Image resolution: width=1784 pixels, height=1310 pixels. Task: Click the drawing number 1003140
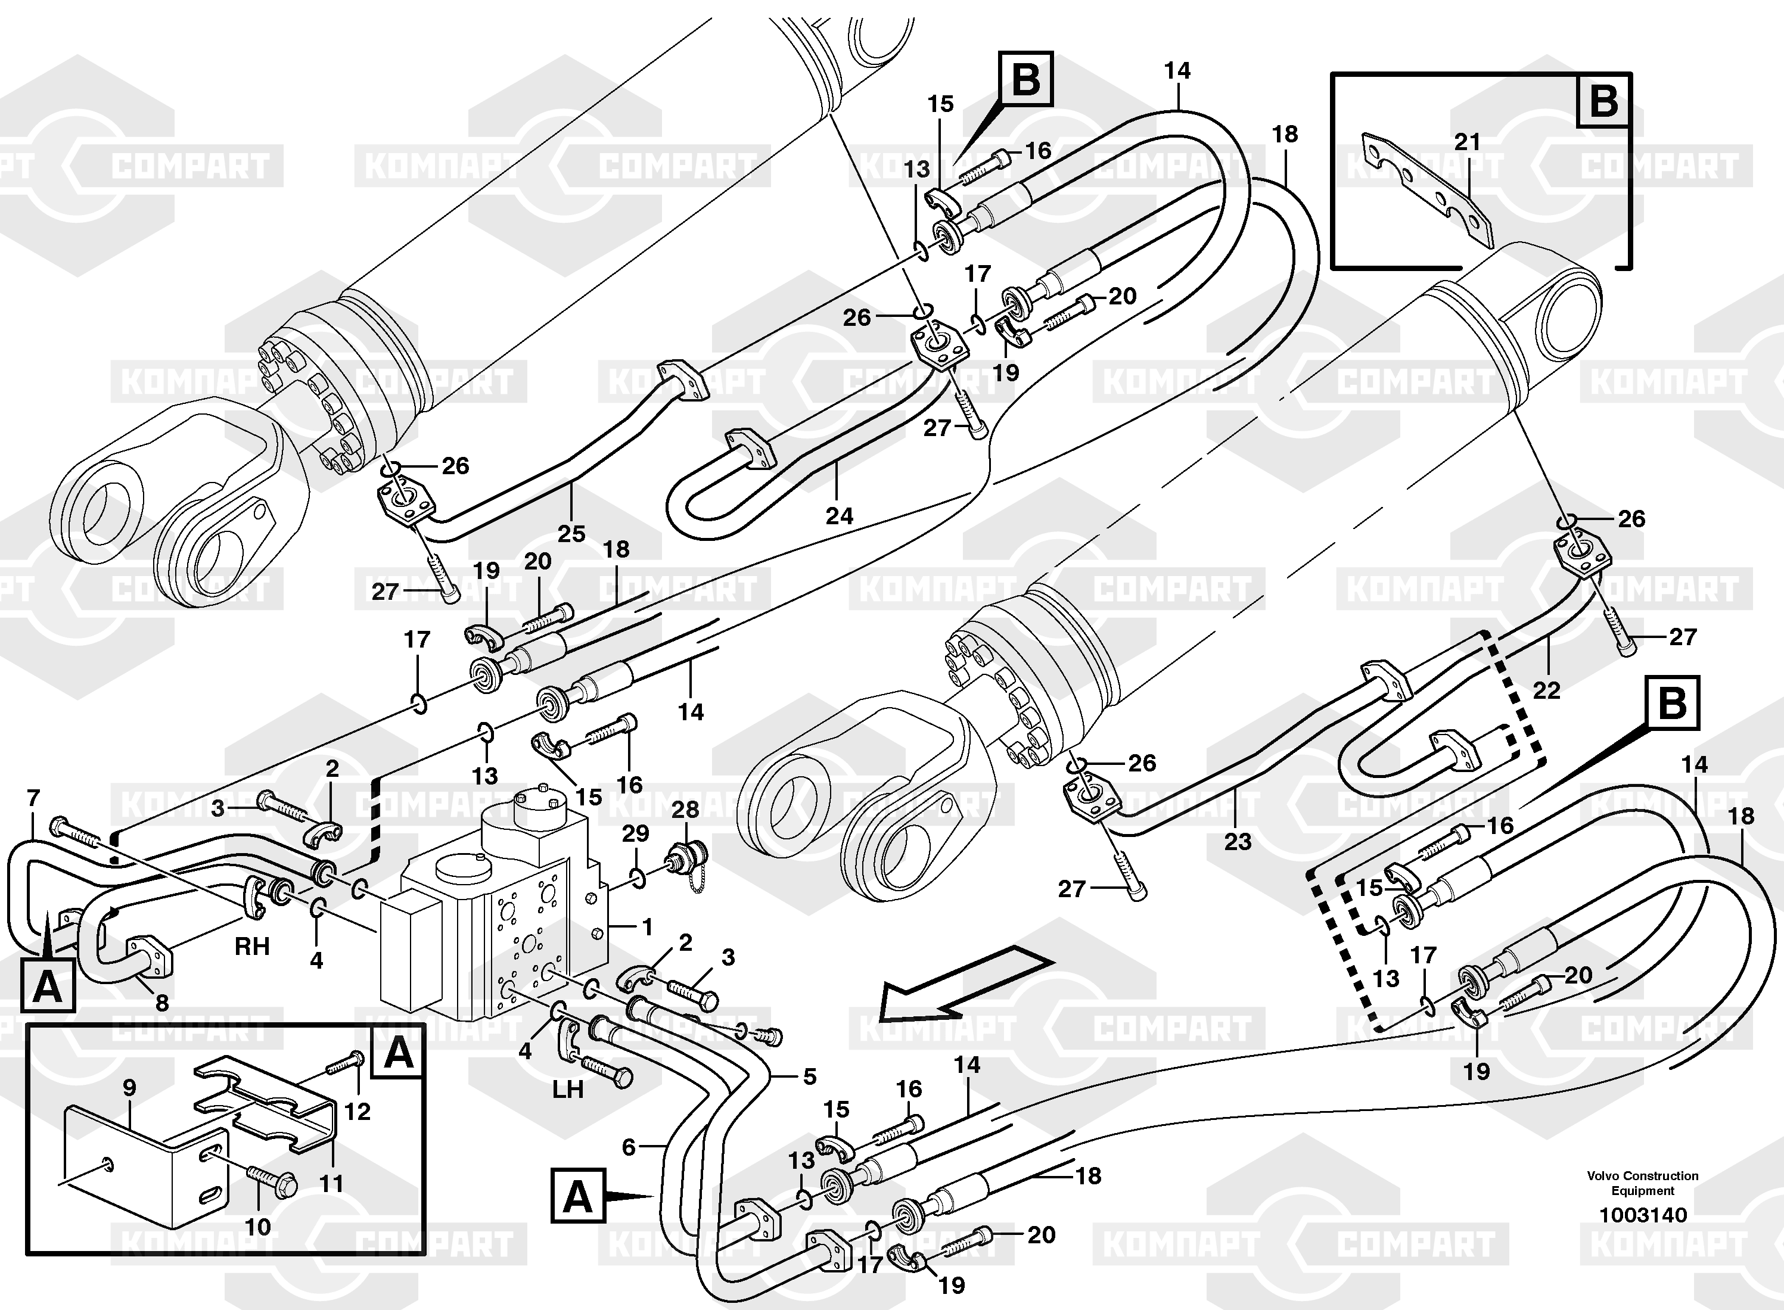click(1643, 1215)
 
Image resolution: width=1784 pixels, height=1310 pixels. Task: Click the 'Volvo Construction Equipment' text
click(1643, 1183)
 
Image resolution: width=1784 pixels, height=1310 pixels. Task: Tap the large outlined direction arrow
click(964, 987)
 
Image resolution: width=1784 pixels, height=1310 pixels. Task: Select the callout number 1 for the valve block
click(647, 926)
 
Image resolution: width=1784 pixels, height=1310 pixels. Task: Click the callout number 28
click(685, 810)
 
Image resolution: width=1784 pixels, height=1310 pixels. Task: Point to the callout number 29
click(635, 833)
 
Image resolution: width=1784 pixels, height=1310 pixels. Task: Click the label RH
click(251, 946)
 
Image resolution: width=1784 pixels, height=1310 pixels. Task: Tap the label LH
click(568, 1090)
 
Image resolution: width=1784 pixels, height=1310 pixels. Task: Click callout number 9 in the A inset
click(129, 1087)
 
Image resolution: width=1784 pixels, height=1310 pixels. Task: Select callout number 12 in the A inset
click(357, 1111)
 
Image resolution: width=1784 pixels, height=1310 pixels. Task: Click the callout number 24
click(839, 515)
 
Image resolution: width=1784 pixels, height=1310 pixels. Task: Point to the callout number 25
click(571, 534)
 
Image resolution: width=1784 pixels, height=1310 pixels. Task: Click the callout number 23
click(1238, 841)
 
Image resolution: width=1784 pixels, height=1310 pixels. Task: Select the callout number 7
click(33, 798)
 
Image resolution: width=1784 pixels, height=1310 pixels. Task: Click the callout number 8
click(162, 1003)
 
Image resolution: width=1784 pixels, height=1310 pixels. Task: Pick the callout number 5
click(809, 1076)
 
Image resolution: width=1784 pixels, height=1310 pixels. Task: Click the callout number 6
click(628, 1147)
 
